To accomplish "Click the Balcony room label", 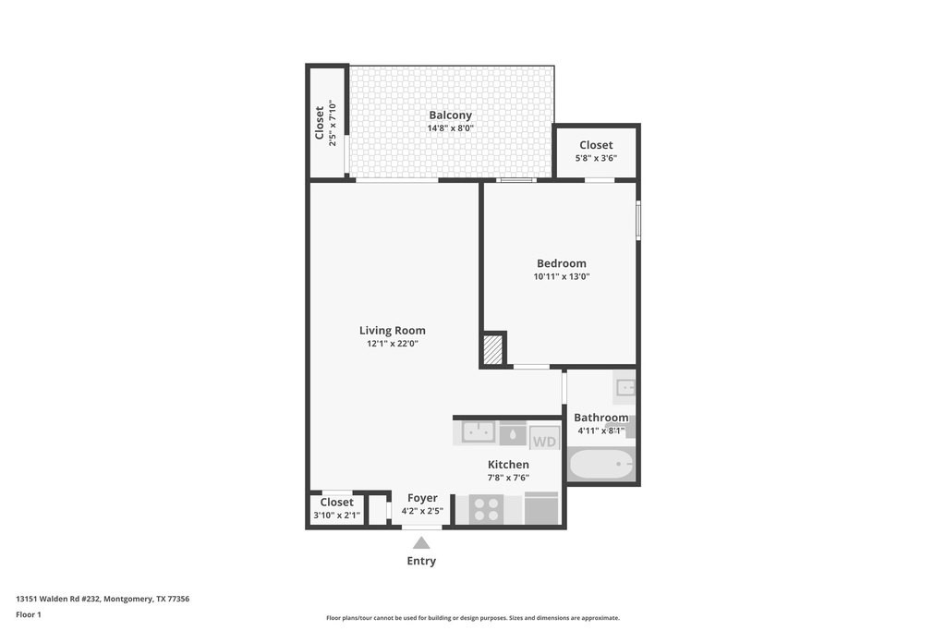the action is pyautogui.click(x=450, y=115).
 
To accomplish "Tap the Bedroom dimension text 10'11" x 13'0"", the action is pyautogui.click(x=561, y=276).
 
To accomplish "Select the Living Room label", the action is pyautogui.click(x=392, y=331).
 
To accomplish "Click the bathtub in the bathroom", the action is pyautogui.click(x=600, y=465).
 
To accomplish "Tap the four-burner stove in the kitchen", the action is pyautogui.click(x=486, y=509).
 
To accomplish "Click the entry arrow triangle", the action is pyautogui.click(x=421, y=543).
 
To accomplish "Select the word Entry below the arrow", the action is pyautogui.click(x=421, y=561).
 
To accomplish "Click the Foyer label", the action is pyautogui.click(x=422, y=498).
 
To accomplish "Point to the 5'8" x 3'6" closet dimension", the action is pyautogui.click(x=596, y=158).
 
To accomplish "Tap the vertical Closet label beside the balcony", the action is pyautogui.click(x=319, y=123).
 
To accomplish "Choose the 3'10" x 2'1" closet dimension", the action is pyautogui.click(x=336, y=516).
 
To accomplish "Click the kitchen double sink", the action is pyautogui.click(x=479, y=432).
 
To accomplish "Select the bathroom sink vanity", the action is pyautogui.click(x=625, y=387).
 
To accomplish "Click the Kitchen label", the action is pyautogui.click(x=508, y=465).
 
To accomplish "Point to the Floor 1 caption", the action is pyautogui.click(x=29, y=614).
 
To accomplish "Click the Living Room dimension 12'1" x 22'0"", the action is pyautogui.click(x=392, y=344).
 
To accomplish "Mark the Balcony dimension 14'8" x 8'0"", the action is pyautogui.click(x=450, y=127).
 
